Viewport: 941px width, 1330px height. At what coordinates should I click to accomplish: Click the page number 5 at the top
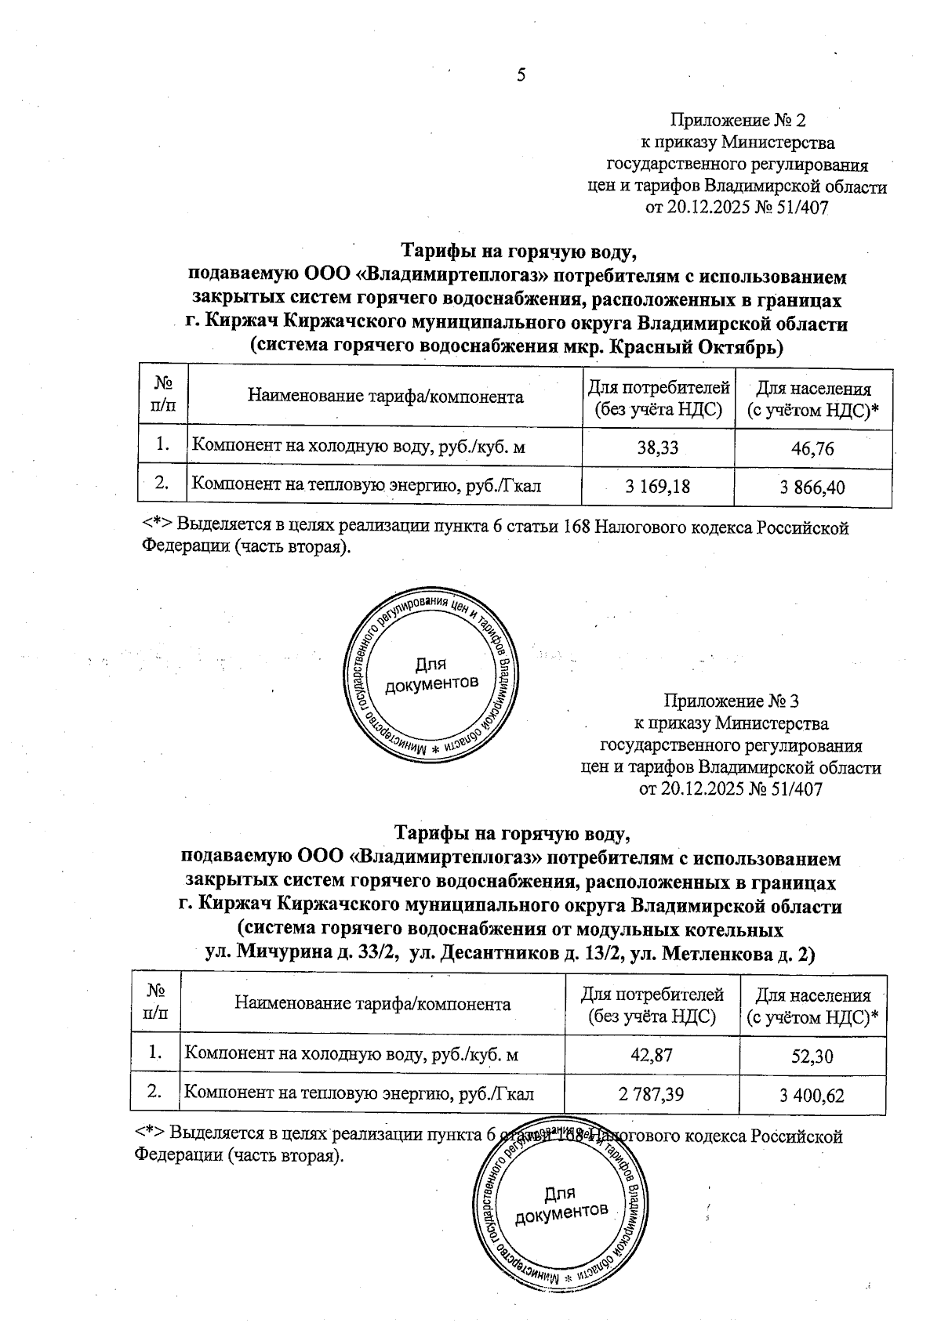pyautogui.click(x=521, y=75)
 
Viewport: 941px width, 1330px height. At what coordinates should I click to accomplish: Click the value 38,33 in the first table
pyautogui.click(x=657, y=448)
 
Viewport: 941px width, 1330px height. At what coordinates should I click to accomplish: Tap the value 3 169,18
pyautogui.click(x=657, y=487)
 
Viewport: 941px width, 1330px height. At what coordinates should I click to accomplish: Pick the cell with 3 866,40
pyautogui.click(x=812, y=488)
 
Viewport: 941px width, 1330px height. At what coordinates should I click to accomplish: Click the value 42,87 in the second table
pyautogui.click(x=651, y=1055)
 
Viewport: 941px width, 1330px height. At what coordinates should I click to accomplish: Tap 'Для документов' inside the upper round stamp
pyautogui.click(x=431, y=674)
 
